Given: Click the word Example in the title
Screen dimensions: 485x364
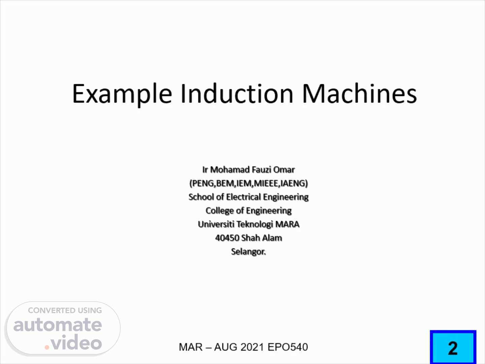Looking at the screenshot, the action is [122, 94].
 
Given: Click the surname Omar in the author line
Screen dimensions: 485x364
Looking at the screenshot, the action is [284, 170].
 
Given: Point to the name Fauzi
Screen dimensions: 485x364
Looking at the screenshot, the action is [262, 170].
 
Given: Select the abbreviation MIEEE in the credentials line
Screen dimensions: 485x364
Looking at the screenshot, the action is [266, 183].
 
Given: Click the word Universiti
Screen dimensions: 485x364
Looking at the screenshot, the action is [216, 224].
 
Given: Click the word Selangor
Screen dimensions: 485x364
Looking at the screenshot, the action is [249, 252].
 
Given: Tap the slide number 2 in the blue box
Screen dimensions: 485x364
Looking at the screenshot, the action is [453, 348].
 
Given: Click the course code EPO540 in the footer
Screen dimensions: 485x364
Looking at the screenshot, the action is [288, 347].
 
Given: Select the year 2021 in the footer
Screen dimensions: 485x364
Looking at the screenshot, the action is [252, 347].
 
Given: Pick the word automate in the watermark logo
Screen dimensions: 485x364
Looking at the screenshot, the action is [58, 325].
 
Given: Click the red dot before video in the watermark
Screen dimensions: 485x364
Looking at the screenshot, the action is [47, 347].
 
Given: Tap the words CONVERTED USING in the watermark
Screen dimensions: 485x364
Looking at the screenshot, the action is [65, 310].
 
